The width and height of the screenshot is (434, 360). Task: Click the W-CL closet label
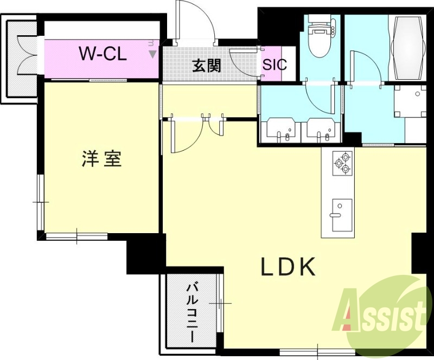coord(103,54)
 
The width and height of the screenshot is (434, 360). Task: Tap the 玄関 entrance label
coord(207,66)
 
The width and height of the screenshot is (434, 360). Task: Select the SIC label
coord(275,65)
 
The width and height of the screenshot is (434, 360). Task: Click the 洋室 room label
coord(101,158)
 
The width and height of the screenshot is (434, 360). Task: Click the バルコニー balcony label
coord(192,312)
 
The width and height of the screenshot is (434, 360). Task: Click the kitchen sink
coord(342,215)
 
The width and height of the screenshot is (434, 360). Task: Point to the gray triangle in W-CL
coord(152,54)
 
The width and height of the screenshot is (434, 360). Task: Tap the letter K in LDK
coord(306,267)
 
